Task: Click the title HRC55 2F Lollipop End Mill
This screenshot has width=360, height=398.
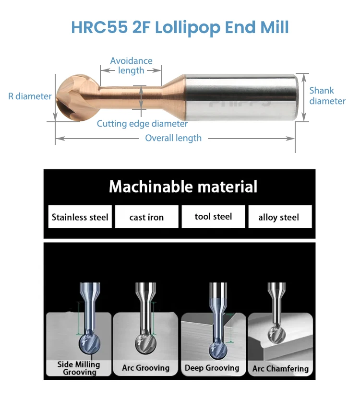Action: point(180,27)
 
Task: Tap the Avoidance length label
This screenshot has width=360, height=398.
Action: point(131,66)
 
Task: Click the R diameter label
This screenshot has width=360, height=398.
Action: point(30,96)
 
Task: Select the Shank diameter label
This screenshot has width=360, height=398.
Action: point(327,95)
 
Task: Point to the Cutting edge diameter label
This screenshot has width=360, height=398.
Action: point(142,124)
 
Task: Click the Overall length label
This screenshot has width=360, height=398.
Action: point(173,138)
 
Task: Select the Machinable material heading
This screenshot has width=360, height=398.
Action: point(183,187)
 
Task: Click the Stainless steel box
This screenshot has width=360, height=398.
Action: point(80,217)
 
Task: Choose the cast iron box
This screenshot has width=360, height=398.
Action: point(146,217)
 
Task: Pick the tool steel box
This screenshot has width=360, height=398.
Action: point(213,217)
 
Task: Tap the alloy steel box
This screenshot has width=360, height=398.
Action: point(279,217)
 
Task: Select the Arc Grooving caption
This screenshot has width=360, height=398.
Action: point(145,368)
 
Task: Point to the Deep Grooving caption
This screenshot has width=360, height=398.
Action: point(212,368)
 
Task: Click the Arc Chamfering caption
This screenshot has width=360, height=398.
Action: point(280,369)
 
